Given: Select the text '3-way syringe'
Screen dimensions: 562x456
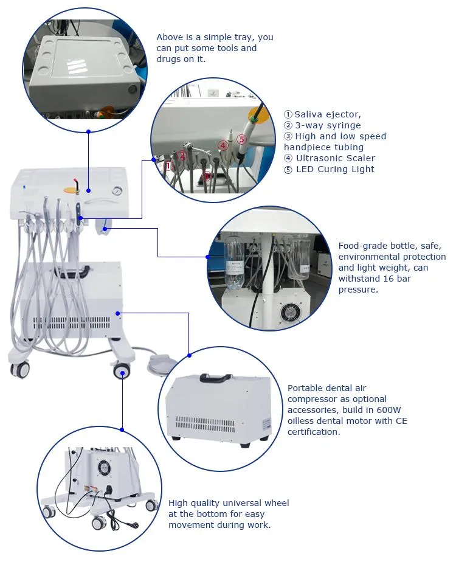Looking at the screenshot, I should [x=327, y=125].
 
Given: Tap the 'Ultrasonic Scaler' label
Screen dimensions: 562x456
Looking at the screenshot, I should [x=335, y=158].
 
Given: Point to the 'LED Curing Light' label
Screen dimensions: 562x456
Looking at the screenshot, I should [x=335, y=169].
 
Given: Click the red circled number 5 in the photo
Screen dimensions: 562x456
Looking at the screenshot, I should [x=241, y=139].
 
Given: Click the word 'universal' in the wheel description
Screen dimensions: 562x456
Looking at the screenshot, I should [x=244, y=503].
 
